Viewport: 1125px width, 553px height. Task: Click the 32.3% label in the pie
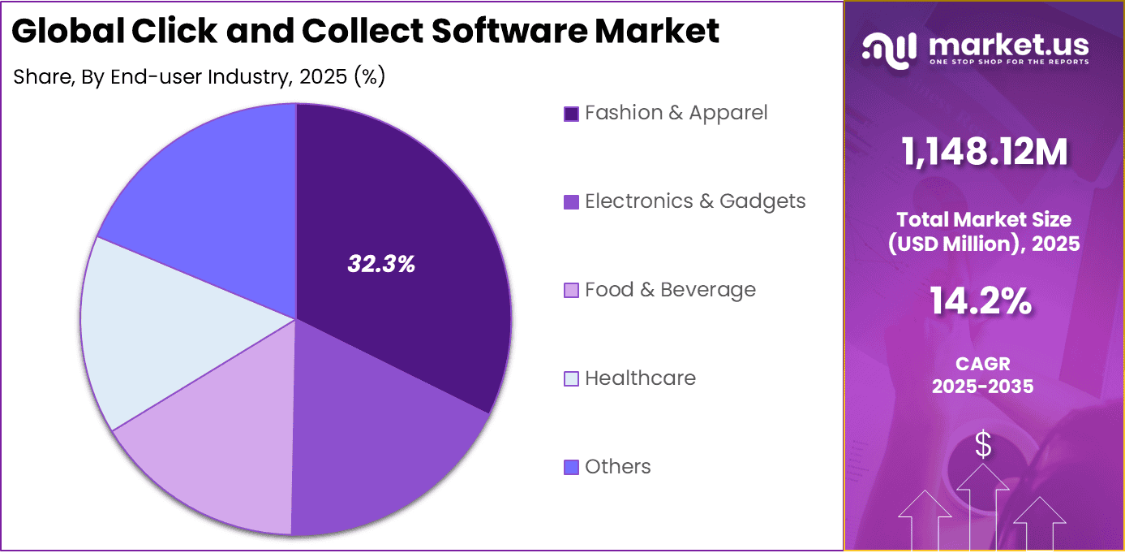click(x=381, y=264)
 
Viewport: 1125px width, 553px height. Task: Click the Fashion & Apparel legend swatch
click(x=571, y=114)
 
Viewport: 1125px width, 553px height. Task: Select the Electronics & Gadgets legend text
click(x=695, y=201)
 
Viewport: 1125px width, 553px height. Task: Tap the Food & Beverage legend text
click(x=670, y=290)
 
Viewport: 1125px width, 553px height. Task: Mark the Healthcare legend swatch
click(x=571, y=379)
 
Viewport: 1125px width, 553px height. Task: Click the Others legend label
click(x=617, y=467)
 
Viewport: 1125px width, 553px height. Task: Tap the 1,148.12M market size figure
click(x=984, y=152)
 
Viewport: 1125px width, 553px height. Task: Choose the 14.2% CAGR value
click(x=983, y=303)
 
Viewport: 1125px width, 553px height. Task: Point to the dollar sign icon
click(x=983, y=445)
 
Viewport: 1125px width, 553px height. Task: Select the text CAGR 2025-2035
click(x=983, y=375)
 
